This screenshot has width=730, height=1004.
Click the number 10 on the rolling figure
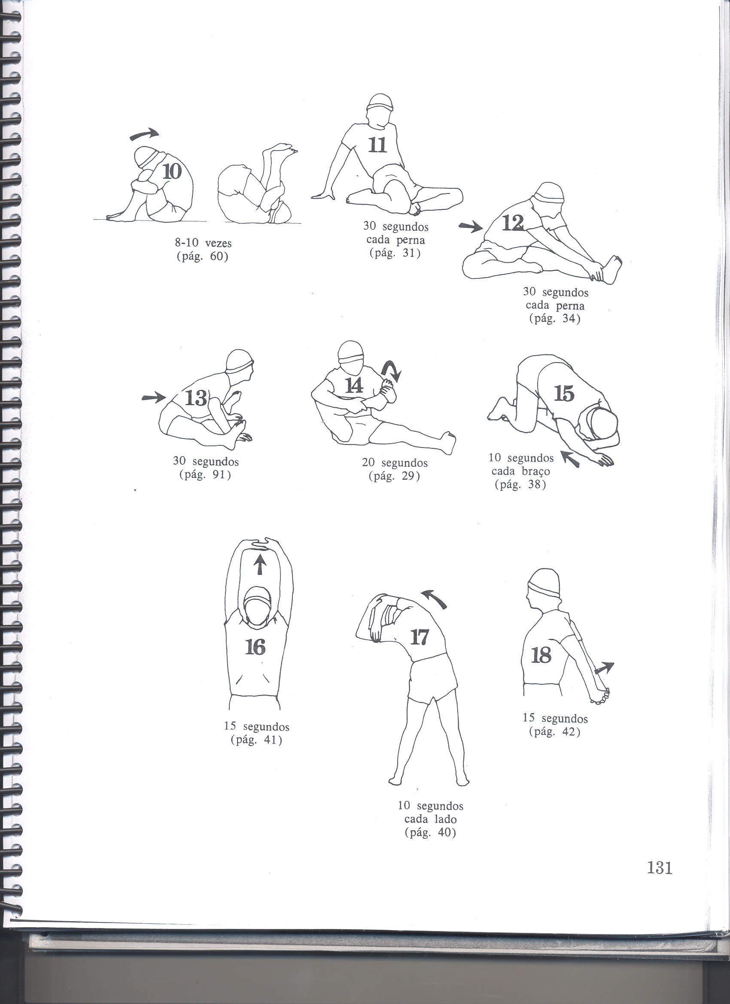(x=172, y=171)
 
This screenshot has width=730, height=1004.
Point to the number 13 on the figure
(x=196, y=399)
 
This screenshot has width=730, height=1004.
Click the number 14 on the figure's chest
(x=355, y=386)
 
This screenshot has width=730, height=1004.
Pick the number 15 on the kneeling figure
(x=564, y=393)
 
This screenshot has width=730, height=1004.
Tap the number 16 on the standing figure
(x=255, y=647)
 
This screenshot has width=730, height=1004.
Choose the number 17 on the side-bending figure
(x=420, y=638)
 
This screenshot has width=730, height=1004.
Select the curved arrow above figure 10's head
(x=143, y=134)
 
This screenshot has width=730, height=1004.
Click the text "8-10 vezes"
(x=203, y=243)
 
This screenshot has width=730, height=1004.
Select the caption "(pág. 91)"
(x=206, y=475)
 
